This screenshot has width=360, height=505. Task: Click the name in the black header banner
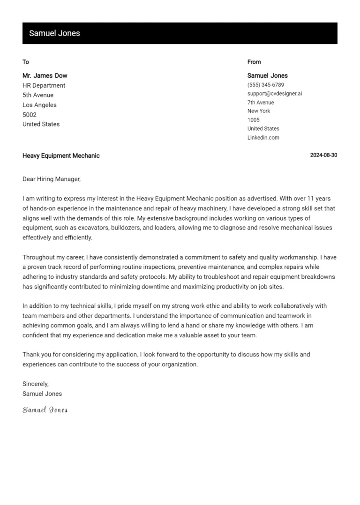(x=54, y=33)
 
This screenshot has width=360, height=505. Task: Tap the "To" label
(x=26, y=62)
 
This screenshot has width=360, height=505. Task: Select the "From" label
(x=254, y=62)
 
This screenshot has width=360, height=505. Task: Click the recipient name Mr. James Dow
(x=45, y=75)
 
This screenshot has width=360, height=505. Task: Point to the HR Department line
(x=44, y=85)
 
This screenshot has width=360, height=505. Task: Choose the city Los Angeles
(x=39, y=105)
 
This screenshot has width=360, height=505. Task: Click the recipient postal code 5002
(x=30, y=115)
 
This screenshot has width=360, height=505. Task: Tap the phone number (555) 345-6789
(x=266, y=85)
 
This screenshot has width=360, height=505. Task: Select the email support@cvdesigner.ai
(x=275, y=94)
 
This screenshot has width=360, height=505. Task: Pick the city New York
(x=259, y=111)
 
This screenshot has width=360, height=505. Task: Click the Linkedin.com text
(x=263, y=138)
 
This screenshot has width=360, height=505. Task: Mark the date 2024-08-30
(x=323, y=156)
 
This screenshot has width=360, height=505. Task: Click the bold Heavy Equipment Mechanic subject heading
(x=61, y=156)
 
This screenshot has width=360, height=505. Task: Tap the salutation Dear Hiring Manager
(x=52, y=179)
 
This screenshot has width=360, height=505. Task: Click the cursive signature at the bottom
(x=45, y=410)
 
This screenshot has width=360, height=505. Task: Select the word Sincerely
(x=36, y=384)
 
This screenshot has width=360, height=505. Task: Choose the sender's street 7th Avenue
(x=261, y=103)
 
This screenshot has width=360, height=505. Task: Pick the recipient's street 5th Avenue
(x=38, y=95)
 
